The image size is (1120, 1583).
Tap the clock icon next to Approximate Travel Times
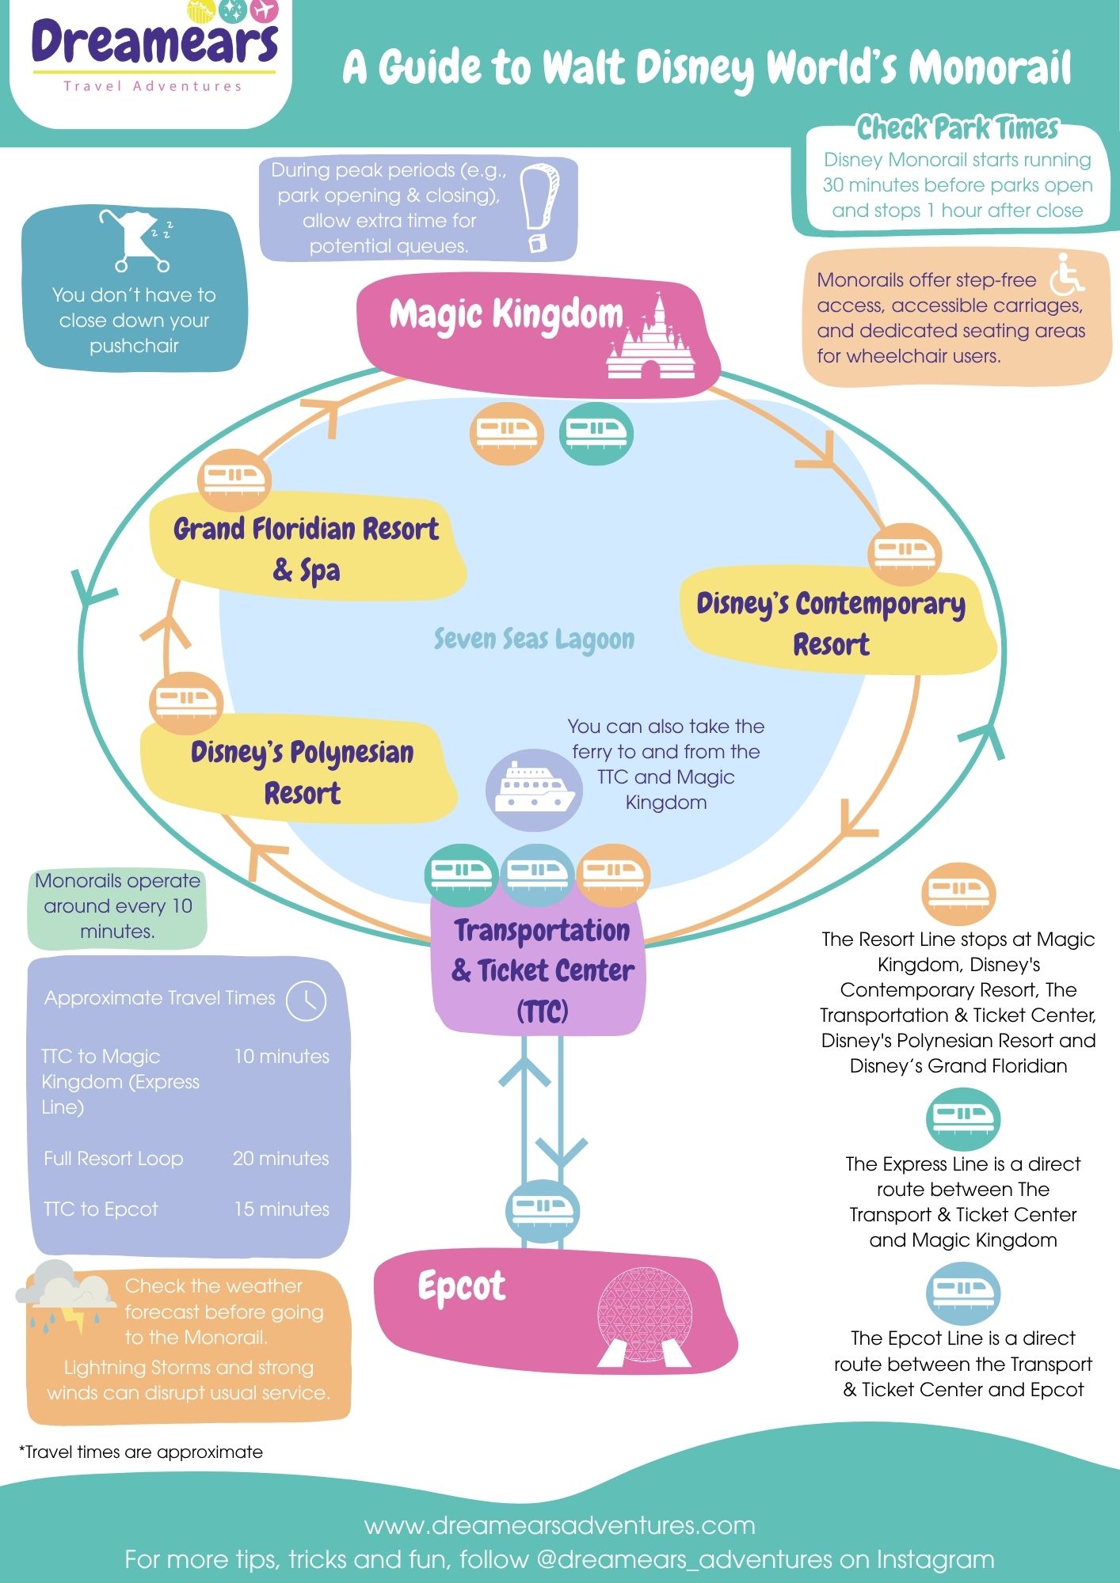(306, 1000)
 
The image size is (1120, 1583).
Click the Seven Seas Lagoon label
(534, 640)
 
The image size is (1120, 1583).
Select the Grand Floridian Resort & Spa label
(306, 548)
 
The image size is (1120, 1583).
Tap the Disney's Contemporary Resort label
(831, 624)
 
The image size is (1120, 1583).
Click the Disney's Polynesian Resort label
(302, 772)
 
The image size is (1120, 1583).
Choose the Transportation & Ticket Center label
(543, 970)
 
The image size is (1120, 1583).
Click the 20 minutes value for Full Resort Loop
(280, 1159)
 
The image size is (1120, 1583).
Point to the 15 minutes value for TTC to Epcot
(281, 1209)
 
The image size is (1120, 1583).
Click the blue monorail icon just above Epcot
(543, 1211)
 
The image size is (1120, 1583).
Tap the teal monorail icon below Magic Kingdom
(596, 432)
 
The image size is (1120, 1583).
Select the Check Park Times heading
(957, 127)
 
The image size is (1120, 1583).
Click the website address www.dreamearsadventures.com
(559, 1524)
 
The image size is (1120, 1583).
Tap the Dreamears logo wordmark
(154, 44)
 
